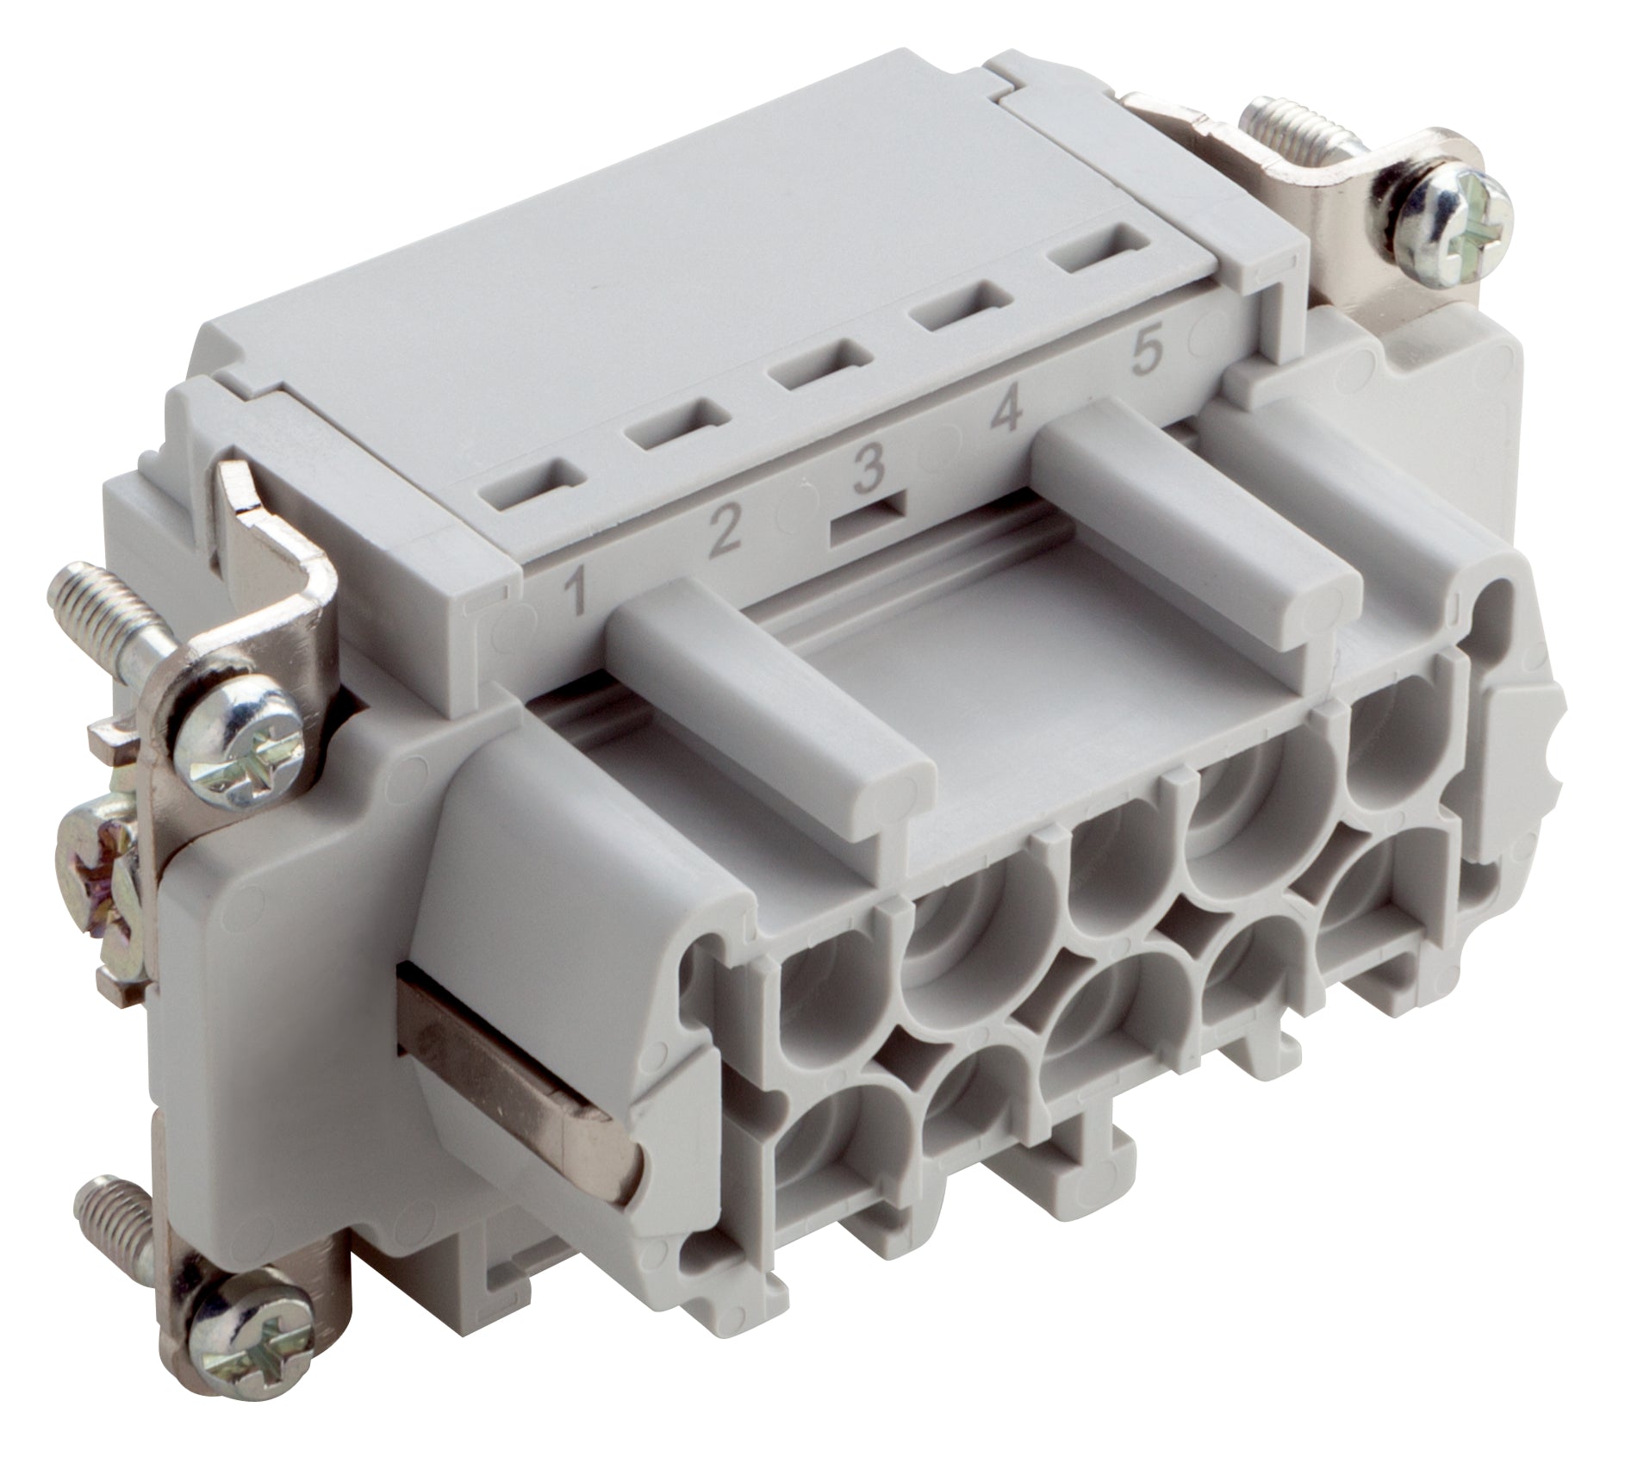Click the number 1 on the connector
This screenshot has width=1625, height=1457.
click(576, 596)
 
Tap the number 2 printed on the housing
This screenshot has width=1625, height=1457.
click(724, 532)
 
